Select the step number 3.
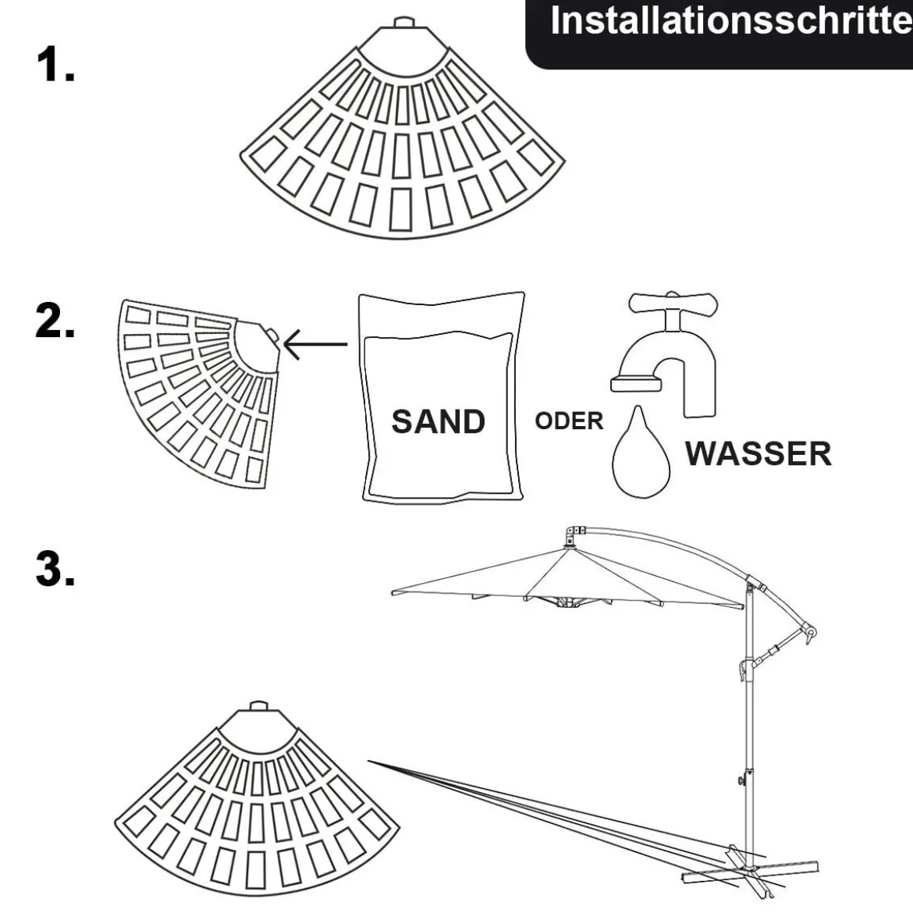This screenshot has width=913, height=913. (x=55, y=568)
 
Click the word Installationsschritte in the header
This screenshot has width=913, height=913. (x=731, y=21)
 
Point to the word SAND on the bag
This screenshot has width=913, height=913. (x=438, y=421)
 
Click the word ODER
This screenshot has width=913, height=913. (x=569, y=421)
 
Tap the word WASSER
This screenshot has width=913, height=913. (x=758, y=453)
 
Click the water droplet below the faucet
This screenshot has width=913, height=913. (x=641, y=454)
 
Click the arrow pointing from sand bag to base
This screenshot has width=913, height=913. (x=315, y=344)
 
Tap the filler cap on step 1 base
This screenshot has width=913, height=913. (x=403, y=22)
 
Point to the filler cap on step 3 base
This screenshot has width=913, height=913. (x=258, y=706)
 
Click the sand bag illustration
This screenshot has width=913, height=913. (x=442, y=397)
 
